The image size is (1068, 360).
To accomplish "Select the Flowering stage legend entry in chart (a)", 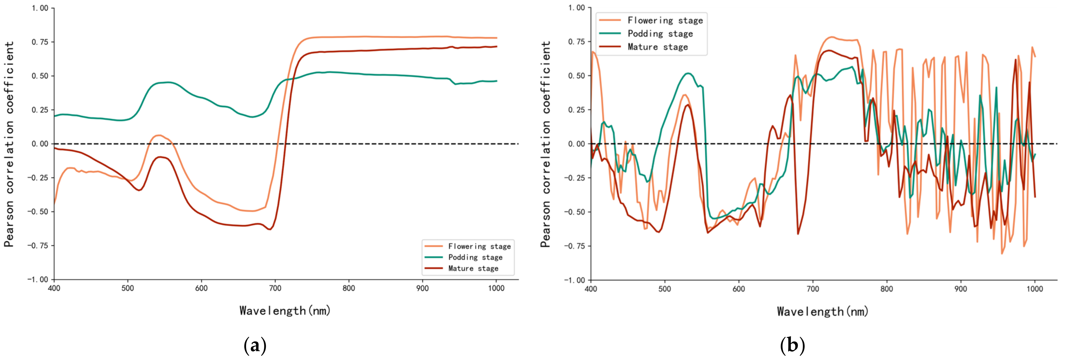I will (x=479, y=246).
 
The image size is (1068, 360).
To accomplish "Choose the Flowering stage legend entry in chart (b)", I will (x=665, y=20).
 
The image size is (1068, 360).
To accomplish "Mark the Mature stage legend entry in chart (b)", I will (x=657, y=47).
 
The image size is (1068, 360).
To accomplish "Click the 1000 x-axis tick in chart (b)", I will (x=1034, y=289).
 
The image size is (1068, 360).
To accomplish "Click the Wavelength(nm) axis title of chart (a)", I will (x=285, y=311).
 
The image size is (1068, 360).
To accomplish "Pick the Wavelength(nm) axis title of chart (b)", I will (x=822, y=311).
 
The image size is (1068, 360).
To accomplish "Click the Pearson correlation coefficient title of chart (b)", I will (x=546, y=144).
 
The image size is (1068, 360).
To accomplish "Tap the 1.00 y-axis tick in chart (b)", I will (x=576, y=8).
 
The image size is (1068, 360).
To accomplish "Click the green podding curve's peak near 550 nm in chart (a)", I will (x=167, y=82).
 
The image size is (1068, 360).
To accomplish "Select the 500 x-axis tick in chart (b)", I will (x=665, y=289).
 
